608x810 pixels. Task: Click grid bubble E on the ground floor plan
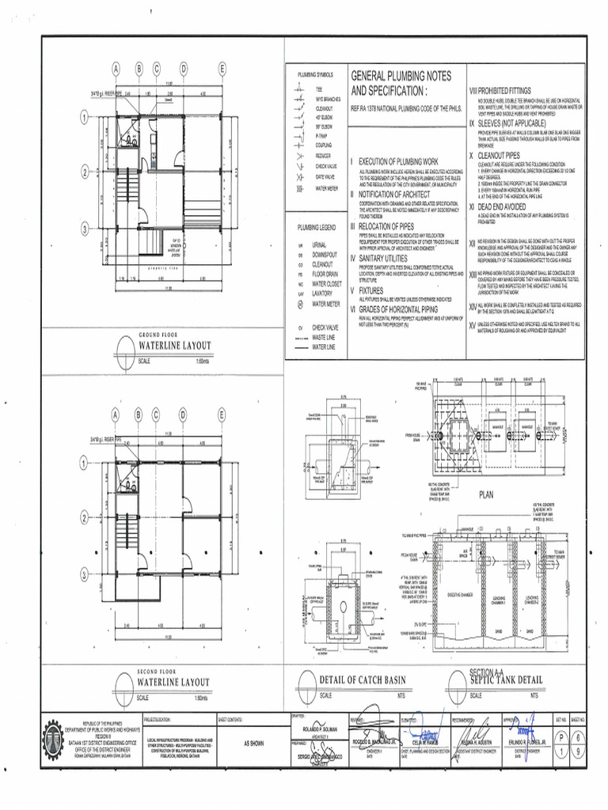click(222, 70)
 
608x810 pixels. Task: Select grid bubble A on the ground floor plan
click(116, 70)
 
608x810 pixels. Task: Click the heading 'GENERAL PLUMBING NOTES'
click(401, 76)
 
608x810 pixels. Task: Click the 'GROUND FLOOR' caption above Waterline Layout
click(161, 335)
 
